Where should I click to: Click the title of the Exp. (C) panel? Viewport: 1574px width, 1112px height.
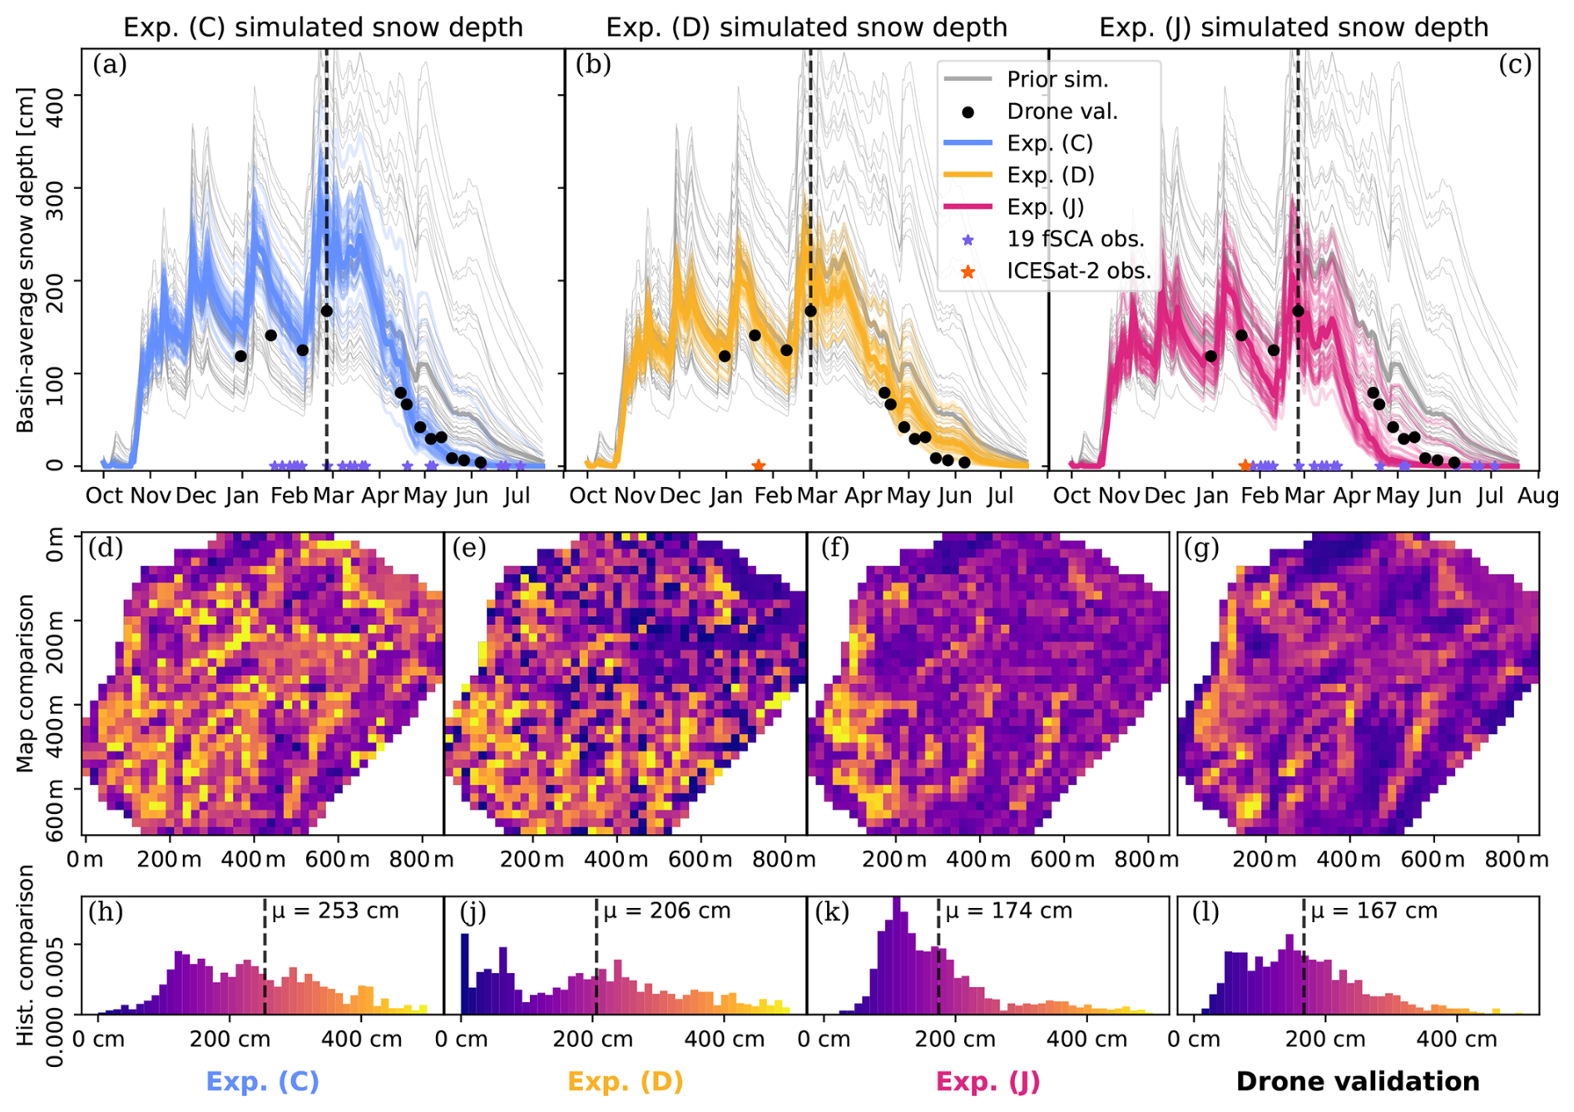[323, 27]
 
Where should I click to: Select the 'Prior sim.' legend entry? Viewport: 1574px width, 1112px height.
[1057, 80]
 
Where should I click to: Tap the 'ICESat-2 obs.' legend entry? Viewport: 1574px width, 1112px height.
[1078, 271]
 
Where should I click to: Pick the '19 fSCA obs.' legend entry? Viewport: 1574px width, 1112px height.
[1075, 240]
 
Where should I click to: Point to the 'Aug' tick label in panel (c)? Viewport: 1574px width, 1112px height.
[1537, 497]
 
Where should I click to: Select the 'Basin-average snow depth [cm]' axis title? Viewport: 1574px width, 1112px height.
[26, 259]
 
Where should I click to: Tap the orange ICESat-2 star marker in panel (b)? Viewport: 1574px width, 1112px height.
[758, 466]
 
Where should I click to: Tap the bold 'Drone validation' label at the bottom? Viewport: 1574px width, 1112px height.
[1358, 1081]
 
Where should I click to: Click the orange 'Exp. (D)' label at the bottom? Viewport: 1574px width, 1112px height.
[625, 1081]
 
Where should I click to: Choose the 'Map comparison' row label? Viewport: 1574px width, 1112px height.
[26, 683]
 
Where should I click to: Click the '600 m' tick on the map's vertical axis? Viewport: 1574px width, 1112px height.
[55, 811]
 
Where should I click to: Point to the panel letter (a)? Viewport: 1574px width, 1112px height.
[110, 65]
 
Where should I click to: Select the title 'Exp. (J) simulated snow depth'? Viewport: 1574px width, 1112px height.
[1293, 27]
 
